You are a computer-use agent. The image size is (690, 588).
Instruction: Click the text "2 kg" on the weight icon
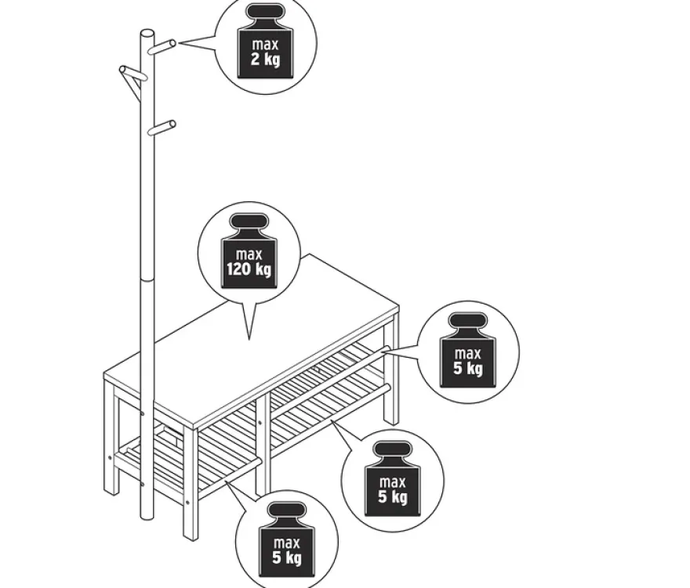265,60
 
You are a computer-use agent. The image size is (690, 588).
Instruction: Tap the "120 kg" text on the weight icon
249,269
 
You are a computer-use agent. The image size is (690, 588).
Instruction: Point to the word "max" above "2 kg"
265,45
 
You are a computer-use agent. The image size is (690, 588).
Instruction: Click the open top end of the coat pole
147,34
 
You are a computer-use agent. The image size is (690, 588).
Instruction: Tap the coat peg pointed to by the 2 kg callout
162,46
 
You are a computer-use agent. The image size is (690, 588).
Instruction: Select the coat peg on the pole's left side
132,74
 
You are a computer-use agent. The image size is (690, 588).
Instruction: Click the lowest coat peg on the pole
162,128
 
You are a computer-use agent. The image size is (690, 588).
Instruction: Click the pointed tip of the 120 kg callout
249,339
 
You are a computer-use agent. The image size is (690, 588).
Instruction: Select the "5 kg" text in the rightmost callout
468,368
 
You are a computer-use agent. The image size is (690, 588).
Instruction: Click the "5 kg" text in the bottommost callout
287,558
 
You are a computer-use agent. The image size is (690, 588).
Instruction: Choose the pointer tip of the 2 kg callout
180,43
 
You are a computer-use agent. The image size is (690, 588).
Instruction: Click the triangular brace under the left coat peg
132,85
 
